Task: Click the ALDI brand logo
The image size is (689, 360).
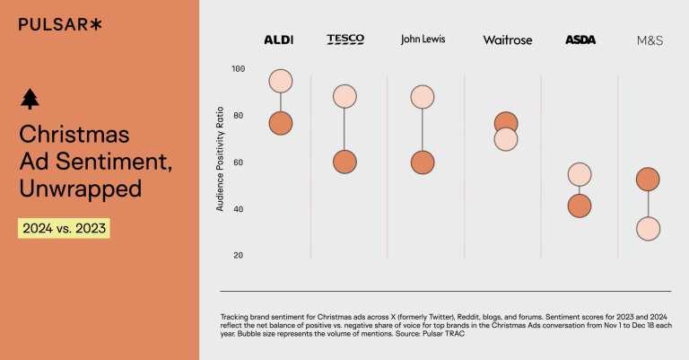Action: [280, 40]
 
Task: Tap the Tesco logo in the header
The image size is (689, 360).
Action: [345, 40]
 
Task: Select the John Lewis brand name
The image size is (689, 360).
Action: [423, 40]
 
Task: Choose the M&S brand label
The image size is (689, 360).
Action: [650, 40]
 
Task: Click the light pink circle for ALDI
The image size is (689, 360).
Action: [281, 81]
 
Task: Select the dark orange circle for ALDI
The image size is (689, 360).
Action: [281, 123]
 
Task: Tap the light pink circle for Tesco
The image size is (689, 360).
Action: [344, 96]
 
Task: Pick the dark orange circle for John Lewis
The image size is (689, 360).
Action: [423, 162]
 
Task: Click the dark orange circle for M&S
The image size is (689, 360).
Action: [648, 180]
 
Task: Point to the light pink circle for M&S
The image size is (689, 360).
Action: [648, 230]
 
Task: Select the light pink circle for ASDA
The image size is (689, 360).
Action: [580, 175]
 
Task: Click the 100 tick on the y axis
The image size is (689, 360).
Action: [238, 69]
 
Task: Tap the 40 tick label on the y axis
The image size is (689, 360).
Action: [238, 209]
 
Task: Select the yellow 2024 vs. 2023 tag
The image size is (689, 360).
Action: [64, 228]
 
